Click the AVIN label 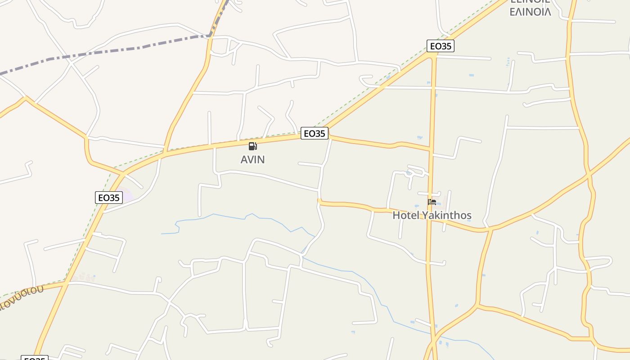tap(252, 160)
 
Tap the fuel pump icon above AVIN tap(252, 146)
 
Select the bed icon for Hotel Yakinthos tap(432, 202)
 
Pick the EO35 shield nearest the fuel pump tap(314, 133)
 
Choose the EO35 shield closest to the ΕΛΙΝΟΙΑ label tap(440, 46)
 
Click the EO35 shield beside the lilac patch tap(109, 198)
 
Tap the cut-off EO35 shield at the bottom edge tap(34, 358)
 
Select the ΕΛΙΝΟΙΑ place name tap(530, 12)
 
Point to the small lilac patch tap(128, 196)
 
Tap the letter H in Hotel tap(396, 216)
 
